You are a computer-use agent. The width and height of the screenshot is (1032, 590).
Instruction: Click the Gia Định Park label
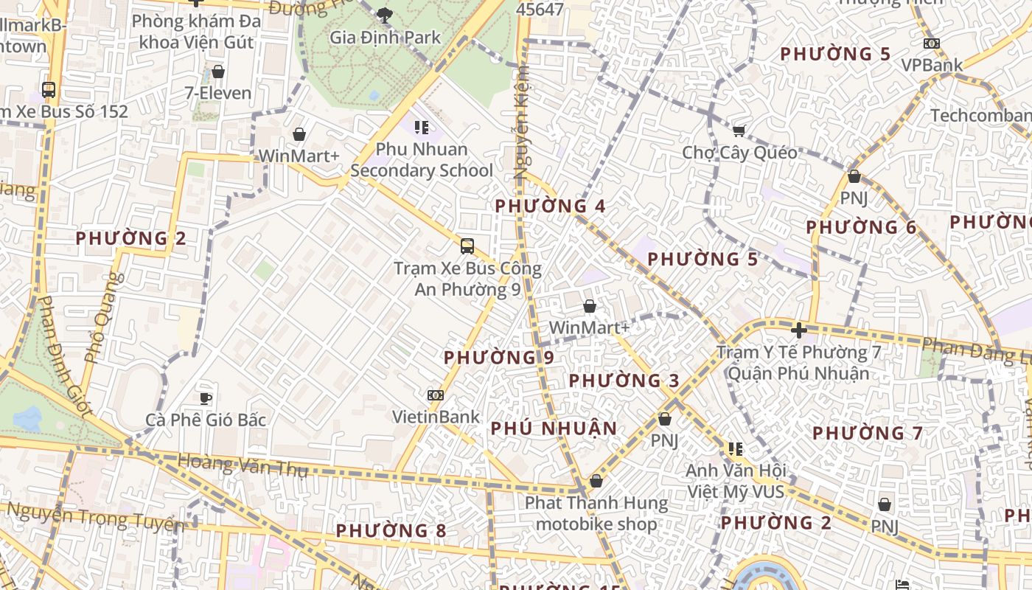(385, 37)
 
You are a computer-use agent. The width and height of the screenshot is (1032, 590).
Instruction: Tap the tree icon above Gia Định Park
(384, 14)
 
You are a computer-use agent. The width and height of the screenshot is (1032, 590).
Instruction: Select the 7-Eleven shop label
(218, 93)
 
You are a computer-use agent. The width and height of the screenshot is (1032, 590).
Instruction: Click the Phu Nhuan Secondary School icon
(421, 128)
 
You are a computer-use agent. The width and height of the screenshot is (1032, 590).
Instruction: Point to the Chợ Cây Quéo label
(739, 153)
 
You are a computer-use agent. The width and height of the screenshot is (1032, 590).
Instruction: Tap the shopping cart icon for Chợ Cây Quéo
(739, 131)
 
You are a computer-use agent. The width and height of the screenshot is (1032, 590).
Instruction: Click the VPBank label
(932, 65)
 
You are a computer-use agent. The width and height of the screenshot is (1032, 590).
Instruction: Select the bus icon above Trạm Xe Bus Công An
(467, 246)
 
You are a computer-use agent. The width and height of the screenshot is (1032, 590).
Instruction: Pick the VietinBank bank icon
(436, 395)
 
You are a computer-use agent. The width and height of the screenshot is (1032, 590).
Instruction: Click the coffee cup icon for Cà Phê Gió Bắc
(206, 398)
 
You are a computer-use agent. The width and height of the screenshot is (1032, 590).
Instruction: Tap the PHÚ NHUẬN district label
(554, 428)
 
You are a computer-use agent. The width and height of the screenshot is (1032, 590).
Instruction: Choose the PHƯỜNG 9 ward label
(498, 358)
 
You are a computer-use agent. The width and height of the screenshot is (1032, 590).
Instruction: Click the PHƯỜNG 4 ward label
(550, 206)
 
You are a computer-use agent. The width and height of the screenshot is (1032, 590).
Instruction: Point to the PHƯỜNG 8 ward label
(391, 530)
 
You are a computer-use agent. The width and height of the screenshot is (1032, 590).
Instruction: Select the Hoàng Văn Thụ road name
(243, 465)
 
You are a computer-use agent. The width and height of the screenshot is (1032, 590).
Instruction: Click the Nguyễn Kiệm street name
(522, 122)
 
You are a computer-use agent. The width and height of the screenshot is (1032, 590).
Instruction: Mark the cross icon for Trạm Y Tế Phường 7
(798, 330)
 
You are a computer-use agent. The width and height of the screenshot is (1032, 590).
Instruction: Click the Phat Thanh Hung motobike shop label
(596, 514)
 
